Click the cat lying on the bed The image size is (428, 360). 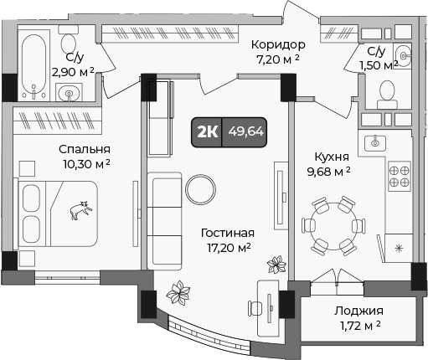click(x=81, y=210)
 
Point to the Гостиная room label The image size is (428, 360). click(x=227, y=233)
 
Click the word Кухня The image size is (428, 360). click(x=332, y=156)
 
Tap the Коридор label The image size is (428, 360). click(x=278, y=44)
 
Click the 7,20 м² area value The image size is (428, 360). click(x=278, y=59)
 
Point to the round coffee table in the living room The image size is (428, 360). click(x=201, y=186)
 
